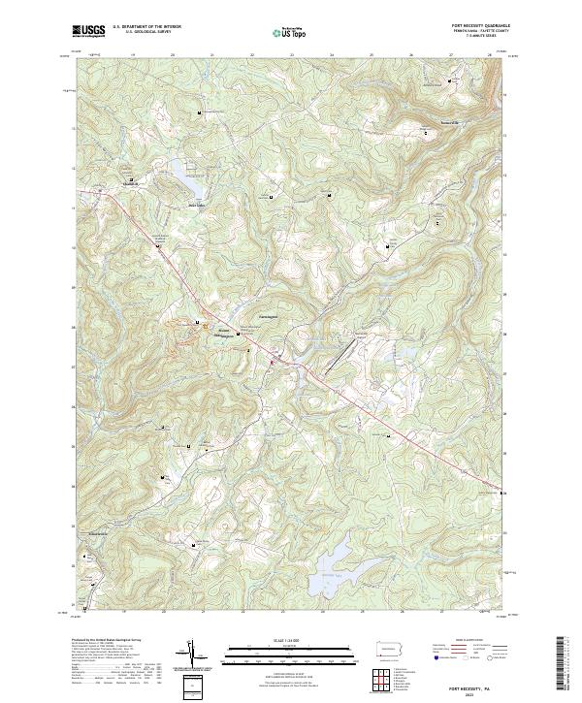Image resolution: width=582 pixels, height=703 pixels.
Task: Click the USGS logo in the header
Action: click(x=89, y=31)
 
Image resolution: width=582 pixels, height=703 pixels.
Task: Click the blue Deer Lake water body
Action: click(x=187, y=180)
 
